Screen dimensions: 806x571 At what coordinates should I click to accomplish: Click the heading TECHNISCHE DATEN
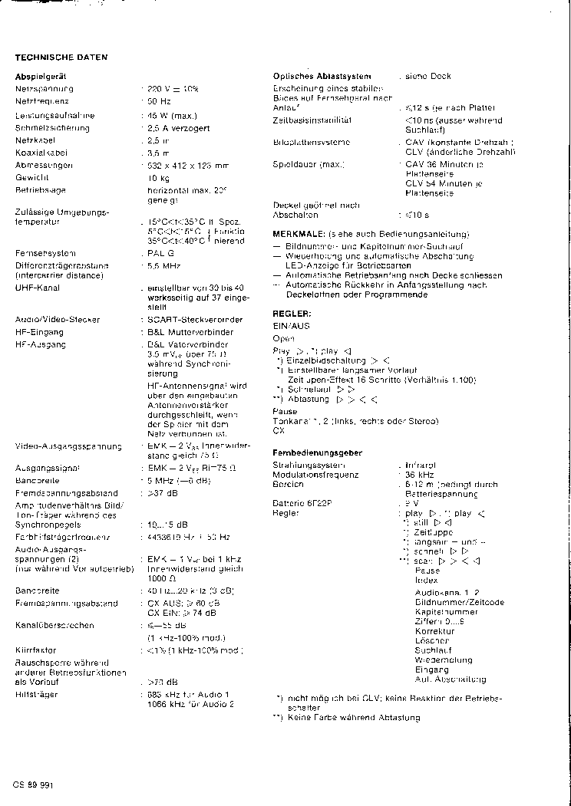coord(61,58)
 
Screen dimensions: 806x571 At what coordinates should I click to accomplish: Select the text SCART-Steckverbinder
coord(196,319)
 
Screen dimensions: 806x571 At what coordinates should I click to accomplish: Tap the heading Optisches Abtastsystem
coord(322,76)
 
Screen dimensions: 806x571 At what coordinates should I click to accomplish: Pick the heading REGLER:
coord(292,314)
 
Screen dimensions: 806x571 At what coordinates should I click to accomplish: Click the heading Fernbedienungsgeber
coord(318,453)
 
